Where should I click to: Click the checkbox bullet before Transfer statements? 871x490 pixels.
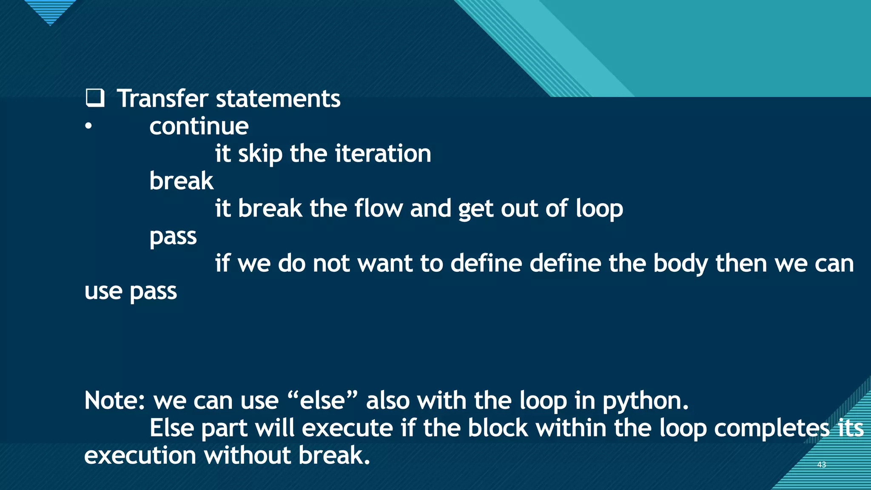tap(94, 98)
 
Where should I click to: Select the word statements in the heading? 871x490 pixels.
tap(278, 99)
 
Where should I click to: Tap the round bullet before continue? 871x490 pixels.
tap(88, 126)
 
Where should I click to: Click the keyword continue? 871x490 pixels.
tap(199, 126)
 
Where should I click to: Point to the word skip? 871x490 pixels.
tap(260, 154)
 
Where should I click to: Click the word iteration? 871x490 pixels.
tap(383, 154)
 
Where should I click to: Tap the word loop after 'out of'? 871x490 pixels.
tap(599, 209)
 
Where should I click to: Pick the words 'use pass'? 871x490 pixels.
tap(131, 291)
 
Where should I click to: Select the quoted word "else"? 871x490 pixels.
tap(322, 401)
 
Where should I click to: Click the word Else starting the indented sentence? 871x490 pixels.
tap(171, 428)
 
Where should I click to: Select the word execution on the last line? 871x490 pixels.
tap(140, 456)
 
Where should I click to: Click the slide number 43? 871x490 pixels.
tap(821, 464)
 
